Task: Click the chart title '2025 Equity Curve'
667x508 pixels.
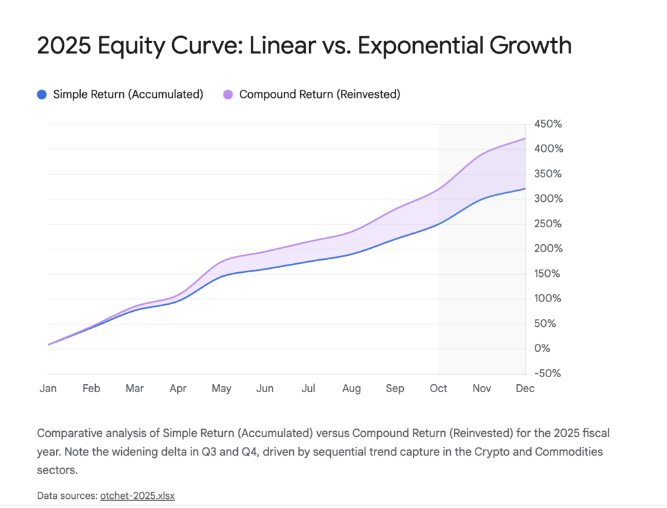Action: (143, 46)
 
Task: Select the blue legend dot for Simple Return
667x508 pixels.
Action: (42, 94)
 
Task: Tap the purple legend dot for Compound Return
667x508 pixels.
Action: (228, 94)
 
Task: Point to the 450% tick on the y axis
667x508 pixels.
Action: (548, 124)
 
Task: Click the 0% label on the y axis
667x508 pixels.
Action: (542, 348)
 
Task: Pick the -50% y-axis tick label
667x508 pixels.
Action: (546, 373)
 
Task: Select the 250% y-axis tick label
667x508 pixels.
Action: (548, 223)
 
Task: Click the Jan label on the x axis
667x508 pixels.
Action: (48, 388)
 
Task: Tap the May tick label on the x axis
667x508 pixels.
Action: (221, 388)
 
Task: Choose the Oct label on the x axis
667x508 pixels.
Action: (438, 388)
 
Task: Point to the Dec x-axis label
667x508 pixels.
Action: (525, 388)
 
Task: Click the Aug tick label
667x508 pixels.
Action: (352, 388)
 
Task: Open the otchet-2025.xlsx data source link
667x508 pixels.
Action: (137, 496)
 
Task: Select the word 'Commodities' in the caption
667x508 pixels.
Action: (569, 452)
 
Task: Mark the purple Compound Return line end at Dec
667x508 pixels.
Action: (525, 139)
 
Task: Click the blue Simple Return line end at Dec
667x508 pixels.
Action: (525, 189)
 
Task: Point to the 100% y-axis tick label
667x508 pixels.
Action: (548, 298)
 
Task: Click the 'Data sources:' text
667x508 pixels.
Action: (67, 496)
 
